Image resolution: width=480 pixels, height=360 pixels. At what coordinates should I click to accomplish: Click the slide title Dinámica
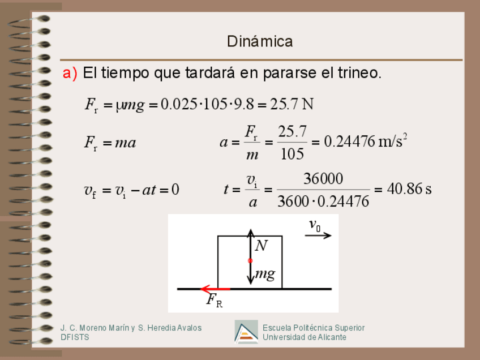coord(260,41)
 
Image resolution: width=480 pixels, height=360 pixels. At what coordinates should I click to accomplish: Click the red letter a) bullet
coord(70,74)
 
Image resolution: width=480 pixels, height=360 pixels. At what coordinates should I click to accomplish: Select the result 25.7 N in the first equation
coord(292,104)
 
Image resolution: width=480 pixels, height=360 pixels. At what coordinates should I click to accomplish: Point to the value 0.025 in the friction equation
coord(179,104)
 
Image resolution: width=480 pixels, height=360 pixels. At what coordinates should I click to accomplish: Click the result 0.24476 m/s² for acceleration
coord(365,142)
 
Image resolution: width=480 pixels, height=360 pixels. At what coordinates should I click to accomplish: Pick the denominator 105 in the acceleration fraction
coord(292,153)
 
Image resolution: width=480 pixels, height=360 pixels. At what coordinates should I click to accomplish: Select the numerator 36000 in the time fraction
coord(323,179)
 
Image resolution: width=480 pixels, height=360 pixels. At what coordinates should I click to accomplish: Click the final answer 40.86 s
coord(409,189)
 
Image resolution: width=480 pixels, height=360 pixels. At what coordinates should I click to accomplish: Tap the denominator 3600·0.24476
coord(323,201)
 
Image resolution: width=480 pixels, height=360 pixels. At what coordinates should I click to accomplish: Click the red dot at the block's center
coord(250,260)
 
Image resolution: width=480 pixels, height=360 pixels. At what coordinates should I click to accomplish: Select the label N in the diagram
coord(261,246)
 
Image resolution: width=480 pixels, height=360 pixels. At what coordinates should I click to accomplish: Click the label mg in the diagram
coord(265,275)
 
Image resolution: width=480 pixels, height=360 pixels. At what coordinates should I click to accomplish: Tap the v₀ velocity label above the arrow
coord(315,225)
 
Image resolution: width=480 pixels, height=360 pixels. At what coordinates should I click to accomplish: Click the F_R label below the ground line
coord(214,300)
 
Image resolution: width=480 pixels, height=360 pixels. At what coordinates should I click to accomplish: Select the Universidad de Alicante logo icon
coord(246,332)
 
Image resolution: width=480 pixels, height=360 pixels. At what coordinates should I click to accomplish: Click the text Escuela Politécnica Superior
coord(314,328)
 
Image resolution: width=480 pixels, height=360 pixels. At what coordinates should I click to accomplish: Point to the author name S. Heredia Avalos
coord(170,328)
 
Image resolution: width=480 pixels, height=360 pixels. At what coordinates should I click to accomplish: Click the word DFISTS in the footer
coord(75,337)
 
